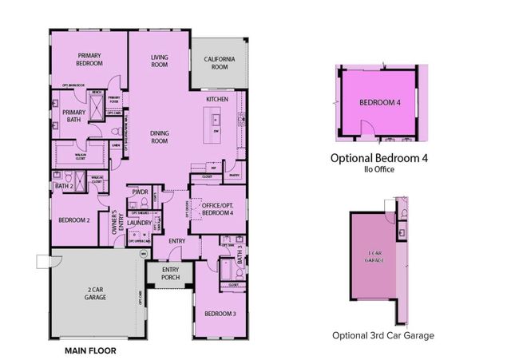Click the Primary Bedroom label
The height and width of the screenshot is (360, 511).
click(x=89, y=59)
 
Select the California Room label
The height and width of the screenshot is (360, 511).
click(x=218, y=63)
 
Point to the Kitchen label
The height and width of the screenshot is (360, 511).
click(x=218, y=98)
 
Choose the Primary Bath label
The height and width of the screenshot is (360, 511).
click(x=68, y=117)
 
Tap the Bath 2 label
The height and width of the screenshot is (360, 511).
click(x=64, y=186)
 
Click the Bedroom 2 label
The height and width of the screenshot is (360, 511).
click(x=74, y=219)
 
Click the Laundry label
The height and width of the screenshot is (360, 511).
click(x=141, y=224)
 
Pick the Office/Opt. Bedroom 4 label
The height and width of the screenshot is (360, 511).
click(x=216, y=209)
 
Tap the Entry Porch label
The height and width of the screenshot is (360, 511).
click(x=170, y=274)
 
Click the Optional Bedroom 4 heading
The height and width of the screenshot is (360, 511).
click(x=379, y=159)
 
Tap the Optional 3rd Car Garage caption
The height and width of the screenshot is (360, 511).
click(x=383, y=335)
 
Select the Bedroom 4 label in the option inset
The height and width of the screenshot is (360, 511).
click(x=379, y=103)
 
